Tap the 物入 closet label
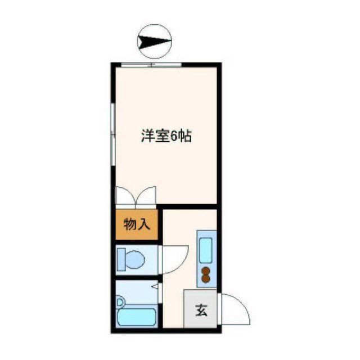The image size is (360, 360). [x=137, y=225]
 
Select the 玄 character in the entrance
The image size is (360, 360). [x=200, y=310]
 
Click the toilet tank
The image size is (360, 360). [x=121, y=260]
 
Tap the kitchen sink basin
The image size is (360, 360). [x=205, y=251]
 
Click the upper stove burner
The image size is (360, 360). [x=205, y=271]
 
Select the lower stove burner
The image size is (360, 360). [x=205, y=278]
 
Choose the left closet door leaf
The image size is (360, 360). [x=125, y=195]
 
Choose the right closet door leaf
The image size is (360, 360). [x=145, y=195]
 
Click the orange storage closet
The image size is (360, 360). [x=137, y=225]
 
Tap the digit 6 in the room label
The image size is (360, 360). [x=174, y=137]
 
